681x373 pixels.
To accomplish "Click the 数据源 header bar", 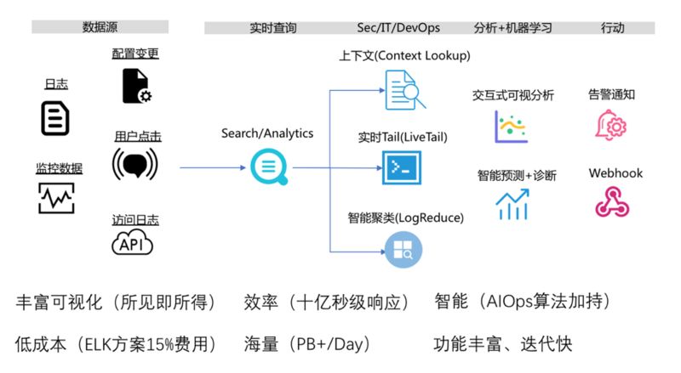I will coord(100,27).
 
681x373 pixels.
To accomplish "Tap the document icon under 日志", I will coord(55,117).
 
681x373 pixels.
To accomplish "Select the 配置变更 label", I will coord(135,54).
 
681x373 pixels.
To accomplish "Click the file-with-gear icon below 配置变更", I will coord(136,86).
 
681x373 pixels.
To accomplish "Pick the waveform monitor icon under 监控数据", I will coord(56,198).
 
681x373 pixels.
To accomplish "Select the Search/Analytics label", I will coord(267,133).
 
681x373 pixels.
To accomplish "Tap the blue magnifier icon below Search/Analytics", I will coord(268,167).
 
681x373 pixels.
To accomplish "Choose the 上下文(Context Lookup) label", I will coord(404,55).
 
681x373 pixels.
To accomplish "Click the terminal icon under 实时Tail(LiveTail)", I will coord(402,167).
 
